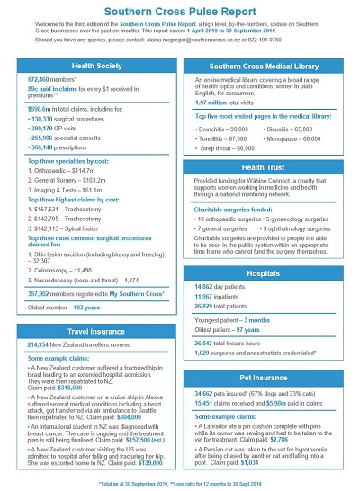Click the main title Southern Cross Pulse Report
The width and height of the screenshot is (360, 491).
pyautogui.click(x=180, y=7)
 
